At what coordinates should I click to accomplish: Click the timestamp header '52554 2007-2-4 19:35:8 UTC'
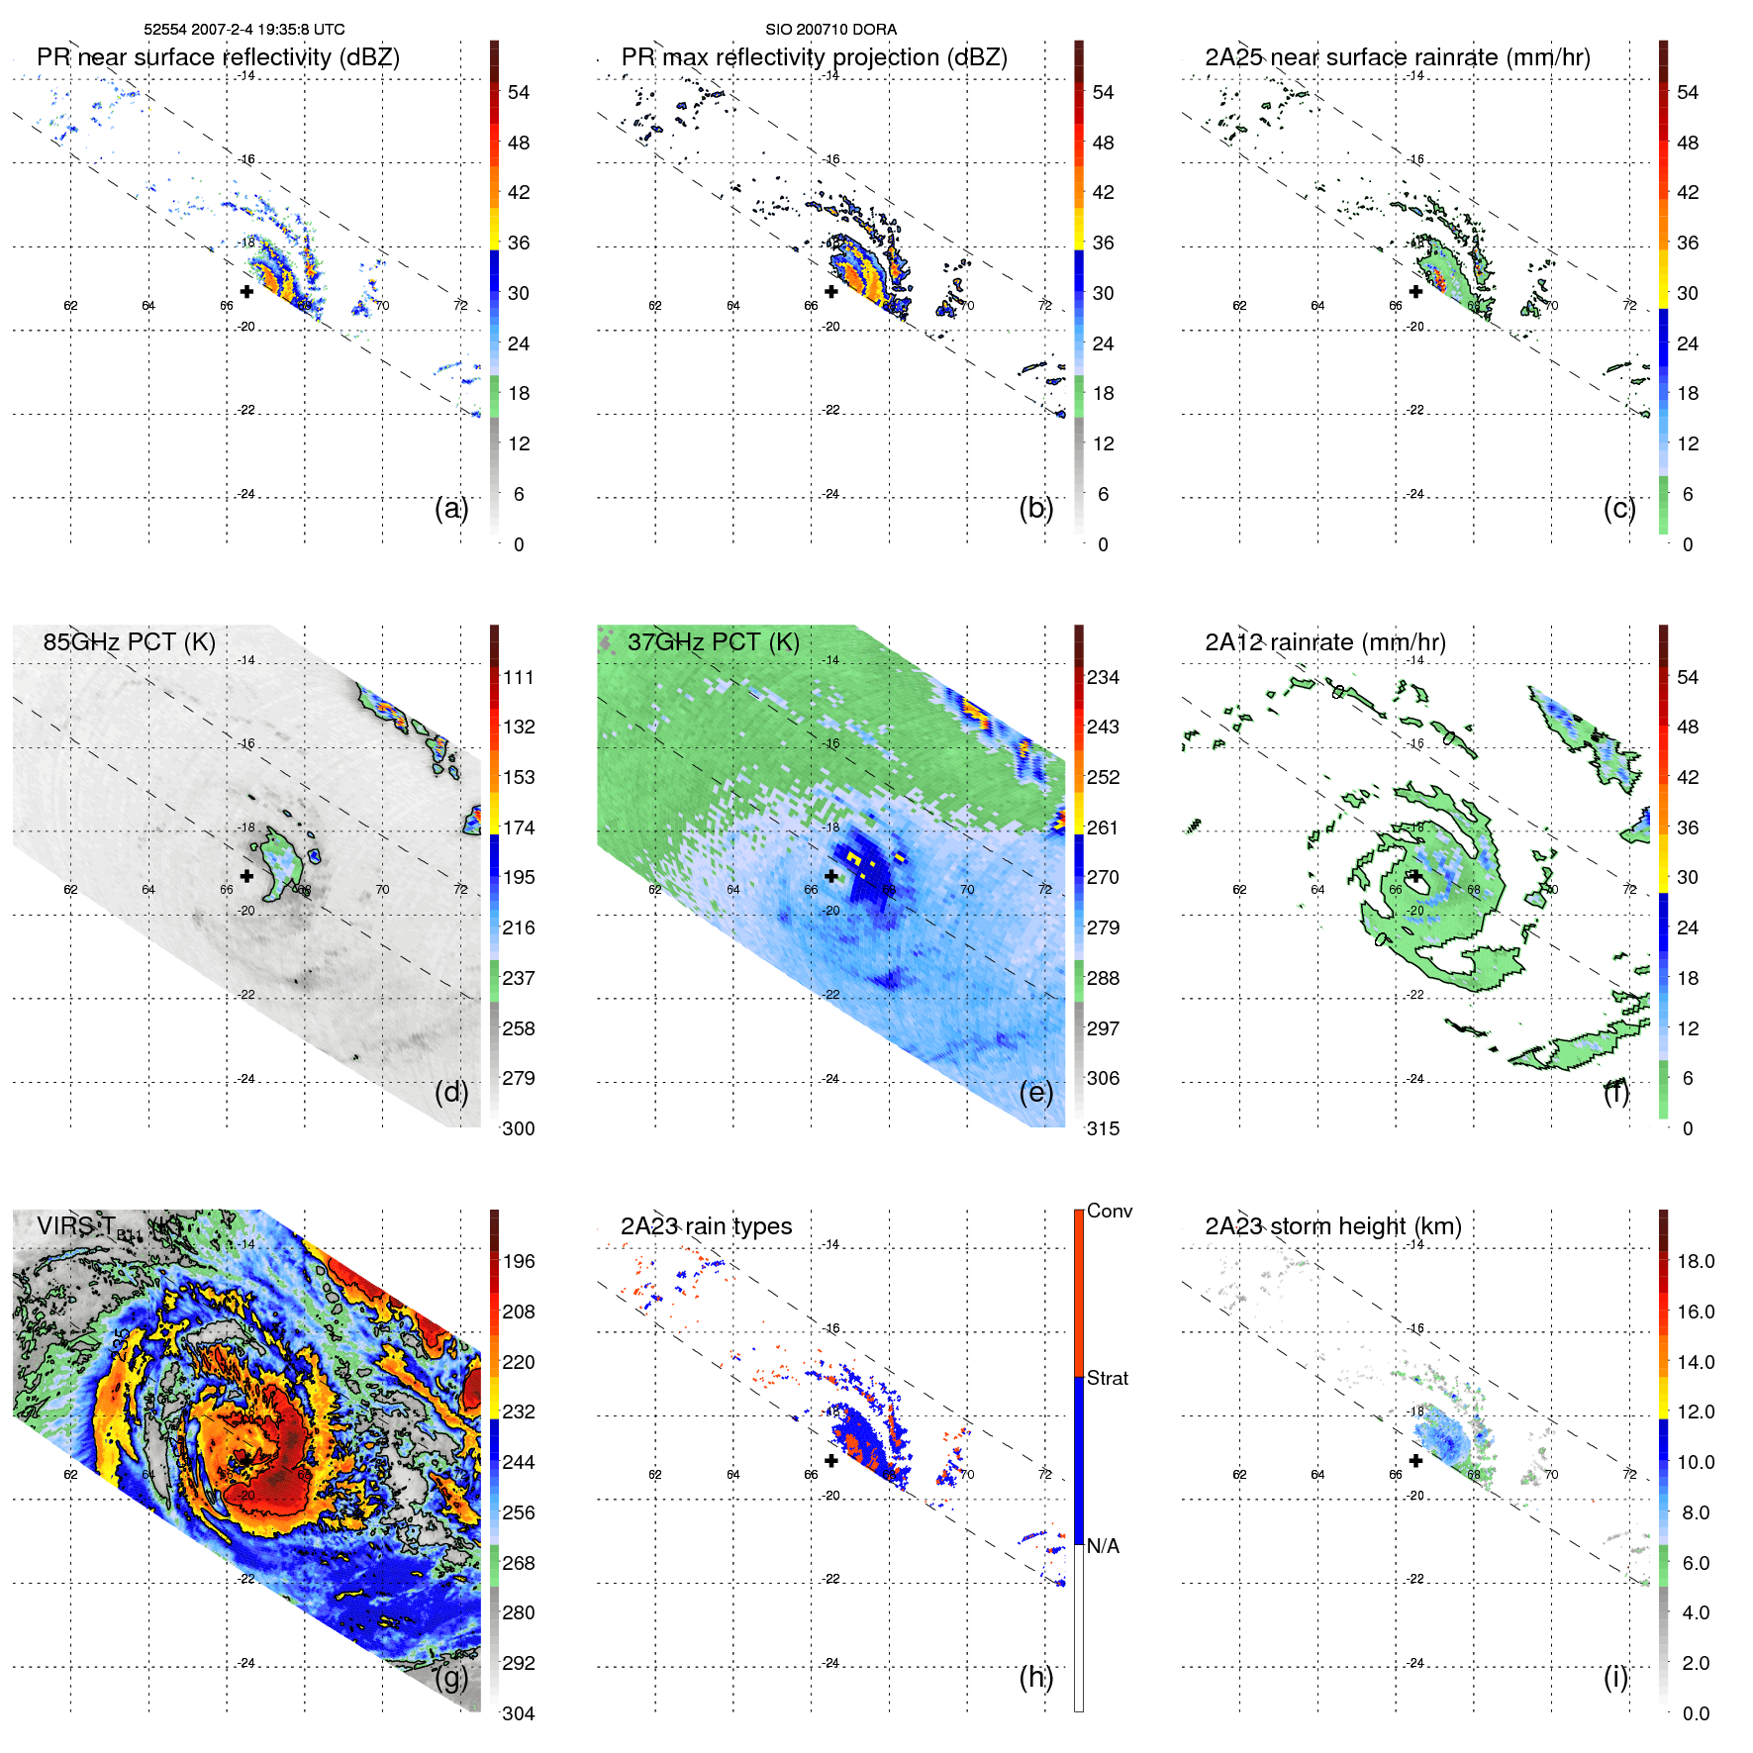click(244, 30)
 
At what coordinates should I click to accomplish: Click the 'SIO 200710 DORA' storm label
click(830, 30)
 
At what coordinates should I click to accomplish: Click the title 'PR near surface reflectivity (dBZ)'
click(218, 57)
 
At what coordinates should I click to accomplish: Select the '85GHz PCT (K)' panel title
click(129, 641)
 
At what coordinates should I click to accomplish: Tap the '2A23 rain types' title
click(706, 1226)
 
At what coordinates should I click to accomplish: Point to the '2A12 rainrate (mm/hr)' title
click(1324, 641)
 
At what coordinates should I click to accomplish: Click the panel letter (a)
click(451, 508)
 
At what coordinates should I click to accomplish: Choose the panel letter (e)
click(1035, 1092)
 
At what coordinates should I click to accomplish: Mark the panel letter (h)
click(1035, 1677)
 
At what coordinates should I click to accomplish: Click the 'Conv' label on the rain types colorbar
click(1109, 1211)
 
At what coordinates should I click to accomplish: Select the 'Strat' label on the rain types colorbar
click(1107, 1378)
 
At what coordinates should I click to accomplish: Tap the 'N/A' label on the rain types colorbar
click(1103, 1546)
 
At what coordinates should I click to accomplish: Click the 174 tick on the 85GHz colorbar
click(519, 828)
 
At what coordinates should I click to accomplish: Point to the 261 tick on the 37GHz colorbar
click(1103, 828)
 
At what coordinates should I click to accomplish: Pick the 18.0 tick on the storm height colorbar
click(1695, 1261)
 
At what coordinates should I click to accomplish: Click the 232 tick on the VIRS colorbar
click(519, 1412)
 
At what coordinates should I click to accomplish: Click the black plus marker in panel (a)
click(246, 291)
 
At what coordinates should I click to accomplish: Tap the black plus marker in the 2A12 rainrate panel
click(1415, 876)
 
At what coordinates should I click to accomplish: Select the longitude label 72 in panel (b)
click(1044, 305)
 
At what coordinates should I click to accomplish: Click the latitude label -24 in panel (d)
click(246, 1079)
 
